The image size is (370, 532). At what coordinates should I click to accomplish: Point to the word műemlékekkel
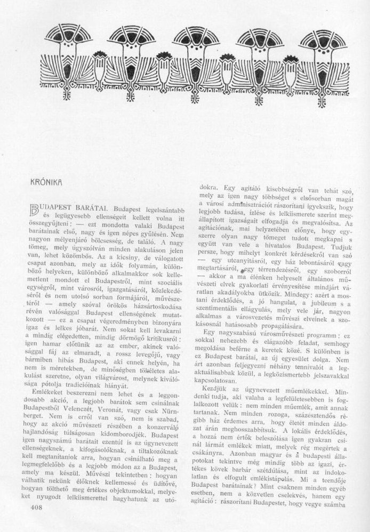tap(307, 390)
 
